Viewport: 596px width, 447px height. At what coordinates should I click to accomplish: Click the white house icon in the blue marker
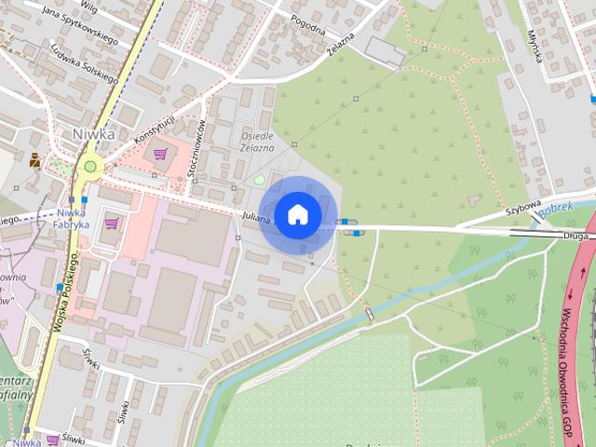coord(297,214)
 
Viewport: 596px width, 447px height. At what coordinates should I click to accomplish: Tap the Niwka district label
coord(93,134)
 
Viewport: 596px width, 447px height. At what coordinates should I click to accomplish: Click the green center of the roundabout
coord(90,168)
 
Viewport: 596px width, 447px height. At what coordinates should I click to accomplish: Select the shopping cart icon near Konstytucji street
coord(160,153)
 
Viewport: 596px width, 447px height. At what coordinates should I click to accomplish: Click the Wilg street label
coord(88,6)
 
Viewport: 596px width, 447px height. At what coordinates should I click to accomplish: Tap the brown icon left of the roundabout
coord(35,160)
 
